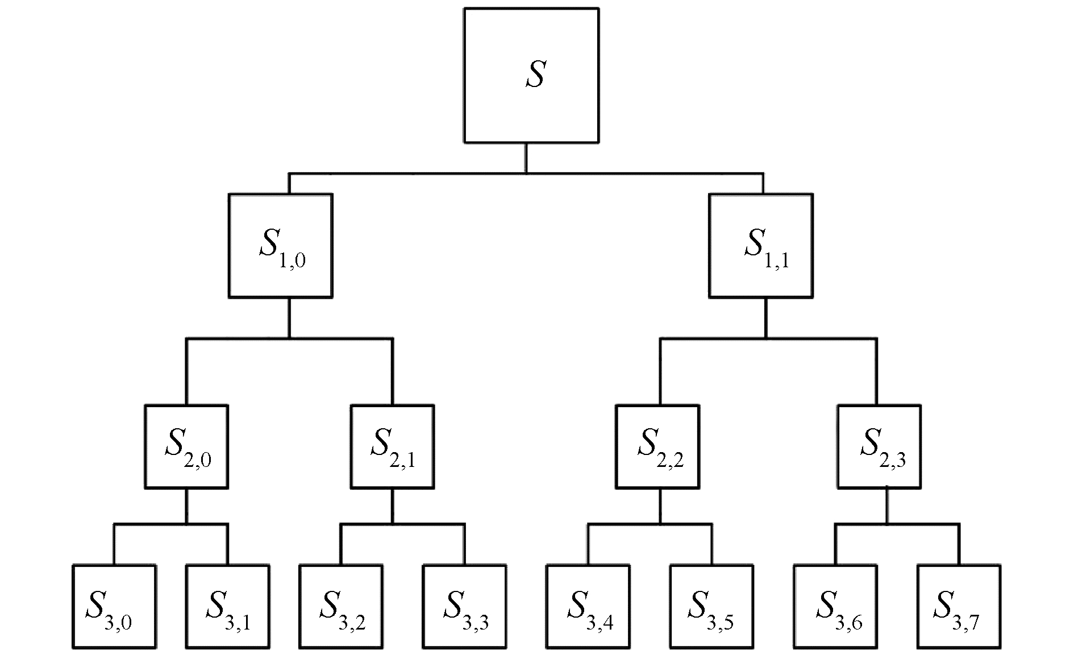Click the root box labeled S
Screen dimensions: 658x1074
coord(531,75)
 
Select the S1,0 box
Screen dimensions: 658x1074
coord(281,246)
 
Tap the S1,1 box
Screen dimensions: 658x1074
coord(761,246)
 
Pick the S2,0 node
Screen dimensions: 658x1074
coord(186,446)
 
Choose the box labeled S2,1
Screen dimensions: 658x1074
coord(392,446)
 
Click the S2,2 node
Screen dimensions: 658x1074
coord(658,446)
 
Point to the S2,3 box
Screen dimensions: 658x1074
coord(879,446)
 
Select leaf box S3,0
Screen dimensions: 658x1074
coord(114,607)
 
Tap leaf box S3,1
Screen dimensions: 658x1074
coord(228,607)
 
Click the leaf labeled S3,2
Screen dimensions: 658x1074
coord(341,607)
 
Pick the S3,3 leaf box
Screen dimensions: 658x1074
coord(464,607)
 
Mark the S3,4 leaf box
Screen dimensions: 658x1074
coord(588,607)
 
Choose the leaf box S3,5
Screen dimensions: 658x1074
coord(711,607)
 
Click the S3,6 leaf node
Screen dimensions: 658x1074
coord(835,607)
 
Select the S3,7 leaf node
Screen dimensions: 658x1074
coord(959,607)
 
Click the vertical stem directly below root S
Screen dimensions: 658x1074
coord(526,158)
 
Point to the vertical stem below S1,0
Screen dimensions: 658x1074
coord(289,318)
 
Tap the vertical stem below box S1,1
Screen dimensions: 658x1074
coord(765,318)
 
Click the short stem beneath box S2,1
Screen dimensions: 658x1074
coord(392,506)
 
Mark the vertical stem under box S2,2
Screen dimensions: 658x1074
coord(660,506)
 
